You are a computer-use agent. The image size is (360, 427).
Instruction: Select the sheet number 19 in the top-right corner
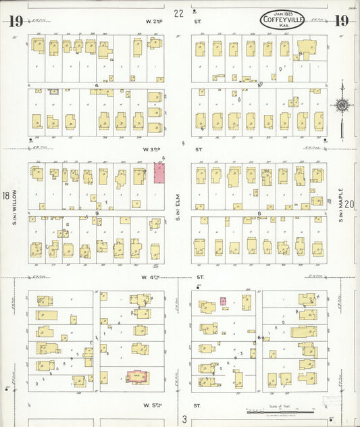point(342,20)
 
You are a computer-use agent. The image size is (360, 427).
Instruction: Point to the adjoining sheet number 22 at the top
point(178,13)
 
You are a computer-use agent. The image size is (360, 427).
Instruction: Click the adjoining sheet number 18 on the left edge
point(6,197)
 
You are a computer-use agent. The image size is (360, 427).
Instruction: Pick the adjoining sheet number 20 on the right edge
point(349,204)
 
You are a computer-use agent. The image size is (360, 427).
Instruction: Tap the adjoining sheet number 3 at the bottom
point(184,418)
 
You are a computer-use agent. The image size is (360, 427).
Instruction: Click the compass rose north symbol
point(342,105)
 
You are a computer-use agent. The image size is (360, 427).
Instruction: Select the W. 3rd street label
point(153,149)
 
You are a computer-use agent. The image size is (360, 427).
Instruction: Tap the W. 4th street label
point(153,277)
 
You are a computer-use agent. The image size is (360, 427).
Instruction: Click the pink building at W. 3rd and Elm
point(159,172)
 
